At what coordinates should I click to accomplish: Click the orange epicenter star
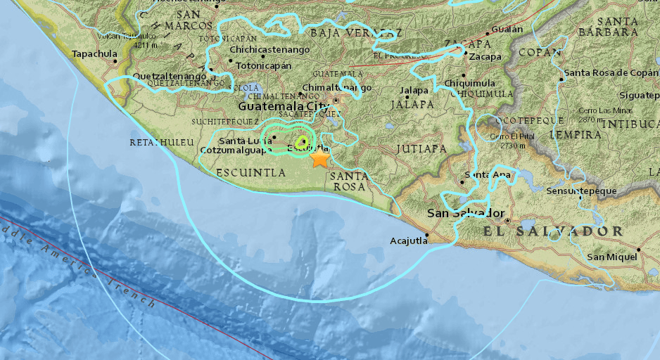(x=320, y=158)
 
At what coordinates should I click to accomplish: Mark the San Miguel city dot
(x=638, y=249)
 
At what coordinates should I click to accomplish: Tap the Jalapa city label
(x=414, y=91)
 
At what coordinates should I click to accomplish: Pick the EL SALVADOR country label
(x=552, y=231)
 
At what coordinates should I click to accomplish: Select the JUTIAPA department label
(x=421, y=148)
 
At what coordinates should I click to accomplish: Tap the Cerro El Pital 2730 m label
(x=510, y=141)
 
